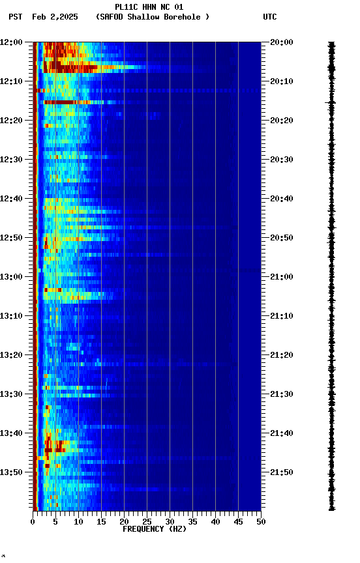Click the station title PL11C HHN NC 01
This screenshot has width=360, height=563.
coord(149,7)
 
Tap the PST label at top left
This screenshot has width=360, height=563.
coord(16,17)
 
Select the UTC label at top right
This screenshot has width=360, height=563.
coord(270,17)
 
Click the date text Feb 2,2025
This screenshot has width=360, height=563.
coord(55,17)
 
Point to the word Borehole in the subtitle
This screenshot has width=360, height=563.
coord(183,17)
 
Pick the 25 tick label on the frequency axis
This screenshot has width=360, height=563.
coord(147,522)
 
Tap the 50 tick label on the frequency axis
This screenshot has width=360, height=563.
coord(261,522)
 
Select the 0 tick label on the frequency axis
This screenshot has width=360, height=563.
coord(33,522)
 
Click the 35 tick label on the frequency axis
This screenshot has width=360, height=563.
coord(192,522)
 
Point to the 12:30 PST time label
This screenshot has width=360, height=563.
coord(11,160)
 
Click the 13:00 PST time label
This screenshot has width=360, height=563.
coord(11,277)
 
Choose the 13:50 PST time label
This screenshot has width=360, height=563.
coord(11,472)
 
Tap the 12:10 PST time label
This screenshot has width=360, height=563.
coord(11,81)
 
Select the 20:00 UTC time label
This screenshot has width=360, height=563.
coord(282,42)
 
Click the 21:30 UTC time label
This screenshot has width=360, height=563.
coord(282,394)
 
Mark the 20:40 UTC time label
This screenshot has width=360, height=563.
coord(282,199)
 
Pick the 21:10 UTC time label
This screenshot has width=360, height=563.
coord(282,316)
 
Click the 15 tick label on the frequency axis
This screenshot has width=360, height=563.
coord(101,522)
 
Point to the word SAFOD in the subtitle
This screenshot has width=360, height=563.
coord(112,17)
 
